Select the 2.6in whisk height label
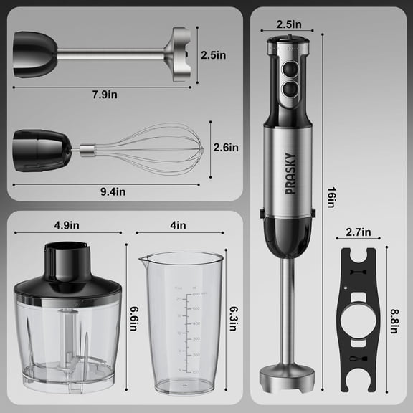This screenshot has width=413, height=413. [226, 148]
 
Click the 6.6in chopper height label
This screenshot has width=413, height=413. [132, 318]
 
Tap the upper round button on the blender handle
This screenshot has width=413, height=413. [288, 70]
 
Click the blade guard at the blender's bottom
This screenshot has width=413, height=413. [287, 374]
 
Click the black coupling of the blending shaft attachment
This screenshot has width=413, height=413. [34, 54]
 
